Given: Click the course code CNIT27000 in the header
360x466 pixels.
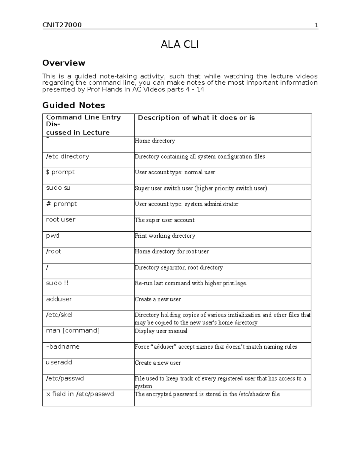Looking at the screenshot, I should pyautogui.click(x=62, y=25).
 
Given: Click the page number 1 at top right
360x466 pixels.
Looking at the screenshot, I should pyautogui.click(x=316, y=25).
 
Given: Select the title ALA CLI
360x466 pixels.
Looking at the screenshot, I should pyautogui.click(x=179, y=45).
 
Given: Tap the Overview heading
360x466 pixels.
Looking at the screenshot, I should pyautogui.click(x=64, y=63).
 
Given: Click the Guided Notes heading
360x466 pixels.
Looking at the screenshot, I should pyautogui.click(x=73, y=105).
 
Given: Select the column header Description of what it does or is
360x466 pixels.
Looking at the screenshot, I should pyautogui.click(x=196, y=118).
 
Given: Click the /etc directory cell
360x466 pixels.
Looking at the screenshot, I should pyautogui.click(x=67, y=156).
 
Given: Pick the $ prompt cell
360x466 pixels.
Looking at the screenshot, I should pyautogui.click(x=60, y=172).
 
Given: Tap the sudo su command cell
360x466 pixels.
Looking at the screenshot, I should pyautogui.click(x=58, y=188).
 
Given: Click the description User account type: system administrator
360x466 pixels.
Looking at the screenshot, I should pyautogui.click(x=186, y=204).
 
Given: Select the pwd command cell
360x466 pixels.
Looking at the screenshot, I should pyautogui.click(x=53, y=236).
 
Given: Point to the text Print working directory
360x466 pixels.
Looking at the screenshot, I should pyautogui.click(x=165, y=236).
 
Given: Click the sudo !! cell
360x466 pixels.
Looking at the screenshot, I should pyautogui.click(x=57, y=283).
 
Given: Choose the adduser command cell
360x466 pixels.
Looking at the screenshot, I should pyautogui.click(x=59, y=299).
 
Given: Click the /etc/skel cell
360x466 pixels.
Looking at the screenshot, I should pyautogui.click(x=59, y=315).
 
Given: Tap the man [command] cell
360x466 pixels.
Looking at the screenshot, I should pyautogui.click(x=73, y=331).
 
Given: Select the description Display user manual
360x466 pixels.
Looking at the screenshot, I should pyautogui.click(x=161, y=331).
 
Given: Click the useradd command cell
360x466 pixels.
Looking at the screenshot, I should pyautogui.click(x=59, y=362).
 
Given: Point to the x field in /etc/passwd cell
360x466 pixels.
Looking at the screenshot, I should pyautogui.click(x=80, y=394).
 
